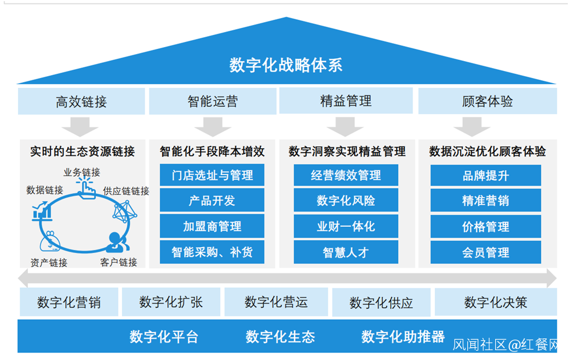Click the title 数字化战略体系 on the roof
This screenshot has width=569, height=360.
(285, 65)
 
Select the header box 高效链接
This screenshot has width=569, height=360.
(81, 102)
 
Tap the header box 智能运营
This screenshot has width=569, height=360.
(212, 102)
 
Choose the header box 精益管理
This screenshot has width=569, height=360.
(346, 101)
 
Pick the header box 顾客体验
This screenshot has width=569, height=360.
(487, 101)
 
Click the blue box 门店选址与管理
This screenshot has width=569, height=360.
(212, 175)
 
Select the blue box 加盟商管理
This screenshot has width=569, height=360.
(212, 226)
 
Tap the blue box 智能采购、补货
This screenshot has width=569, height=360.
(212, 252)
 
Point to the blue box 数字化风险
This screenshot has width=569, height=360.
(346, 201)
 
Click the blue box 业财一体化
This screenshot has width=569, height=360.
(346, 226)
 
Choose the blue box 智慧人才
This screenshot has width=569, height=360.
(346, 252)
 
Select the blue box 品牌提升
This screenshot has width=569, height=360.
(485, 175)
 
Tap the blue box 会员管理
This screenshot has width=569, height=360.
(485, 252)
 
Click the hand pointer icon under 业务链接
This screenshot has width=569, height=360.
(85, 188)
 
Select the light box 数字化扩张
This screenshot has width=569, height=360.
(171, 302)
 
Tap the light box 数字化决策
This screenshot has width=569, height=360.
(495, 302)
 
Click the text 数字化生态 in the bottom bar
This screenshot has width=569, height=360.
(280, 336)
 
